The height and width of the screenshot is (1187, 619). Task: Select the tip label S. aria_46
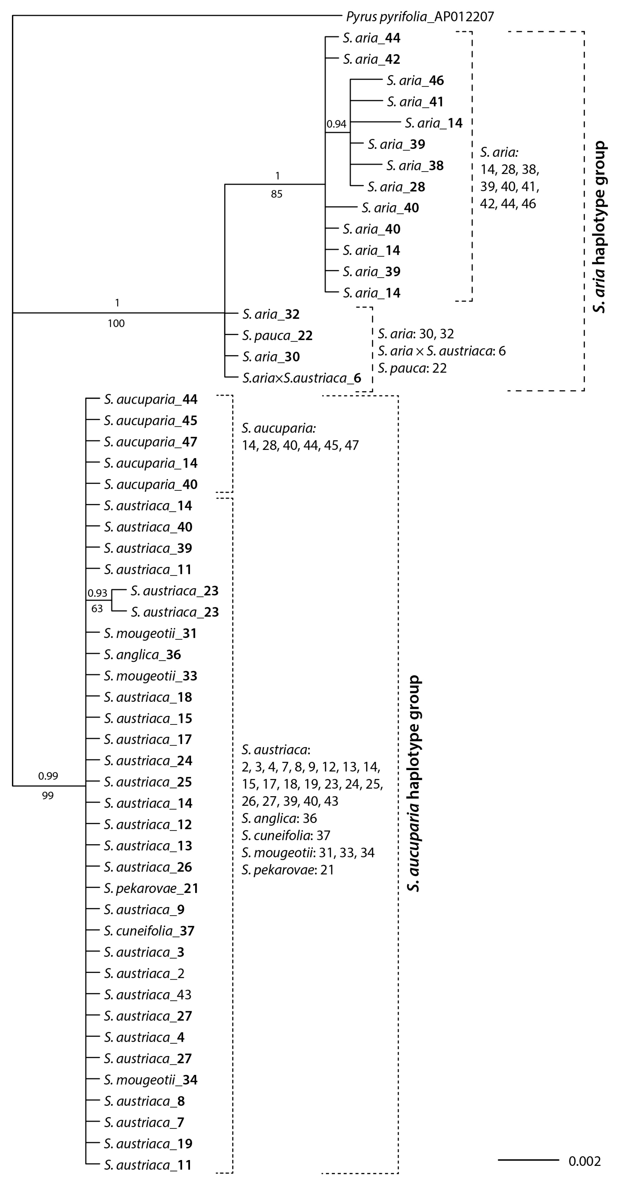click(x=415, y=81)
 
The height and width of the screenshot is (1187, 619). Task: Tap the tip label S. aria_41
click(x=415, y=102)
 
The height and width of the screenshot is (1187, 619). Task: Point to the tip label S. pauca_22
click(x=277, y=335)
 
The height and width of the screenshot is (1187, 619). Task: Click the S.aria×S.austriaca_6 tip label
click(x=302, y=378)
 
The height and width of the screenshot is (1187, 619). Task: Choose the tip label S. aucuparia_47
click(x=150, y=442)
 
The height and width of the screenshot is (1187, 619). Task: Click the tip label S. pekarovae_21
click(x=151, y=888)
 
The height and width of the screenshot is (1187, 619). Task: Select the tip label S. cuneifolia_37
click(x=149, y=931)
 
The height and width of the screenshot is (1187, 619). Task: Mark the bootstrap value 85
click(x=276, y=194)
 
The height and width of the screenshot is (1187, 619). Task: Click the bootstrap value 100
click(x=116, y=323)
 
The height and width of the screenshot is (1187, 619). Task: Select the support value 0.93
click(x=97, y=593)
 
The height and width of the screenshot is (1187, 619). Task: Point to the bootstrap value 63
click(x=97, y=609)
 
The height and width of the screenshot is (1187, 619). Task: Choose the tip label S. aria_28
click(x=396, y=187)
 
